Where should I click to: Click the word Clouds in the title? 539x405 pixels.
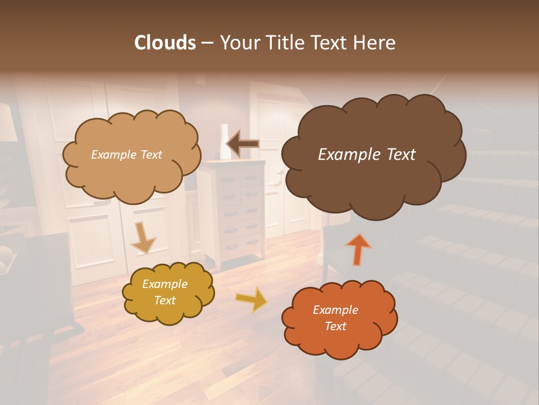point(165,43)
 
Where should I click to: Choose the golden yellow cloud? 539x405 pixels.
point(168,292)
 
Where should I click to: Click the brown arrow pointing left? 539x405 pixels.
point(243,144)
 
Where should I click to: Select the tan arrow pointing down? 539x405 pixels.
point(143,237)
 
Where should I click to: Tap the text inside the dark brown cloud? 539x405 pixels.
point(367,155)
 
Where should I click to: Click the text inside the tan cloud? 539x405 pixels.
point(126,155)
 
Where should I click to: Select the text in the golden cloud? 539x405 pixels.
point(165,292)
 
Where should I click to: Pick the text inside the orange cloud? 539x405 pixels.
point(335,318)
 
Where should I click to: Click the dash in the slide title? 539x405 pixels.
point(207,43)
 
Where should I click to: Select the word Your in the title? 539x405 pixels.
point(237,43)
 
